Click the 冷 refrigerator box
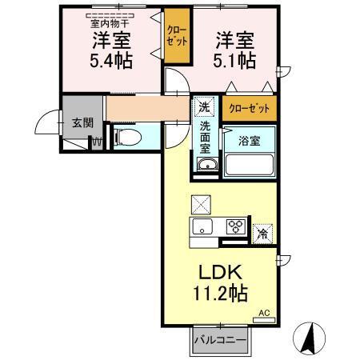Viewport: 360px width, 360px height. click(262, 234)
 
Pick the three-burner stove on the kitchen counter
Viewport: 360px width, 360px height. click(236, 226)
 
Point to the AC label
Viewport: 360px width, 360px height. click(263, 313)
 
